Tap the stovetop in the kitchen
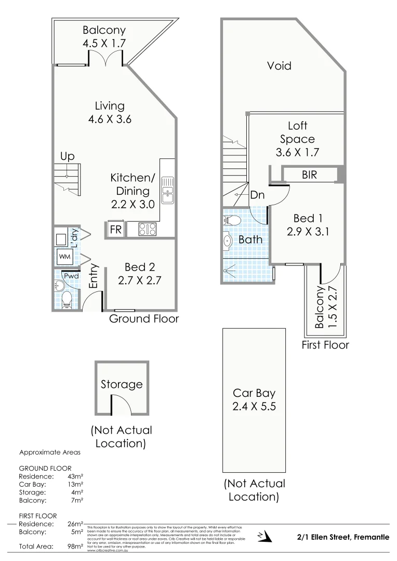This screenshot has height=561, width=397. (x=147, y=229)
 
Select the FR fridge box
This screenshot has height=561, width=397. (x=115, y=230)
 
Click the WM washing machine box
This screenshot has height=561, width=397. (x=65, y=256)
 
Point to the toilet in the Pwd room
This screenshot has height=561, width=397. (x=65, y=299)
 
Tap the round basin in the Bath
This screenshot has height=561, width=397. (x=228, y=242)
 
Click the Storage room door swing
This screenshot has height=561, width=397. (x=119, y=403)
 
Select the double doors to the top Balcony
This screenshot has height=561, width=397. (x=106, y=58)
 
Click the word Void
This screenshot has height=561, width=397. (x=279, y=66)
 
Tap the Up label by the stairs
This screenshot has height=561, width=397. (x=68, y=156)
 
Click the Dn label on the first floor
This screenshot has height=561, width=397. (x=257, y=195)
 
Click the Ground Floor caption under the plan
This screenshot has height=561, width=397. (x=143, y=318)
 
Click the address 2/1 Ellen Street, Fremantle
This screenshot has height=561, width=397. (x=342, y=537)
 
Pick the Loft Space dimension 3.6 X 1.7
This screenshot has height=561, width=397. (x=297, y=152)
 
